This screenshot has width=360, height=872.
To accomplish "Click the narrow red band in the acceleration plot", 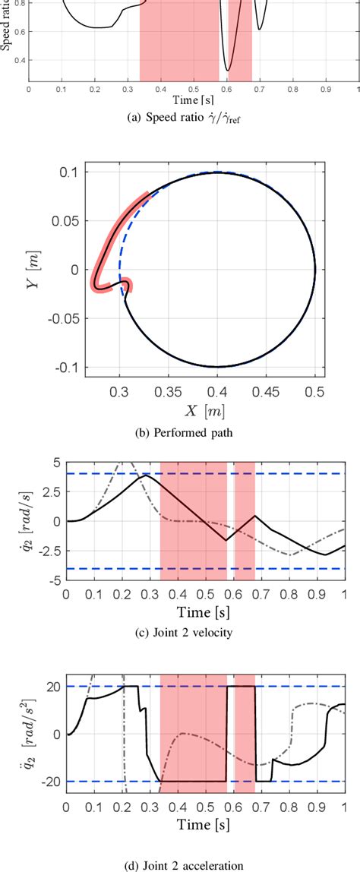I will click(245, 733).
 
